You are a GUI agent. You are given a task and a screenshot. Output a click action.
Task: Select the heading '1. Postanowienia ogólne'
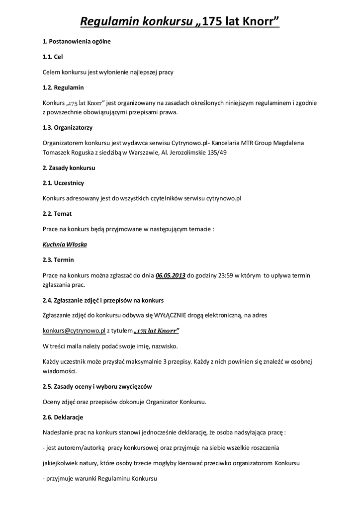click(77, 42)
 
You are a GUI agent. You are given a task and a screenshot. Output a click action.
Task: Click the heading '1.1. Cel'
click(53, 57)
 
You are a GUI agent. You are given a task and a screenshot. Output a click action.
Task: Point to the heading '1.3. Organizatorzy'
click(68, 127)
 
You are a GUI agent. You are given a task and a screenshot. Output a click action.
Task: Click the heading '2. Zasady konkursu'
click(69, 168)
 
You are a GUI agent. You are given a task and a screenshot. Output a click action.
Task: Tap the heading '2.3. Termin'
click(58, 260)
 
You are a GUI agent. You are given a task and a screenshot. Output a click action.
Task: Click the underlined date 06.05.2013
click(171, 275)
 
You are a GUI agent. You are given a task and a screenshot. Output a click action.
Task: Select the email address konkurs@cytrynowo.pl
click(74, 330)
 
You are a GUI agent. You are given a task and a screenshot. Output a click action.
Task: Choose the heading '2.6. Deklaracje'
click(63, 417)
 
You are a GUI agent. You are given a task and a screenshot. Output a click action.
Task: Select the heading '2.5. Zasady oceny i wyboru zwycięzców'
click(97, 386)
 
